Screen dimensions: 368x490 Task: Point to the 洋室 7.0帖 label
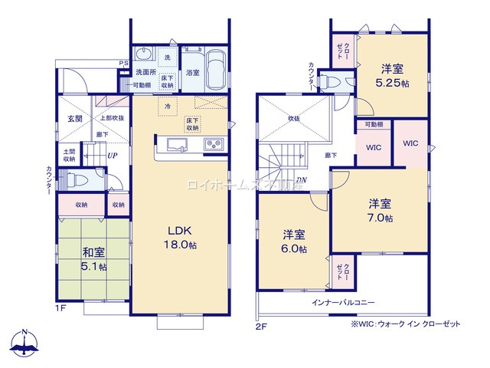[x=379, y=210]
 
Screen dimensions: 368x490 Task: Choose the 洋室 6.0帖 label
[x=292, y=242]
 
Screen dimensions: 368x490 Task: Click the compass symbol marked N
[x=25, y=344]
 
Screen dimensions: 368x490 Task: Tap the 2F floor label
[x=261, y=324]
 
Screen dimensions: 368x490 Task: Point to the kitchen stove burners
[x=212, y=143]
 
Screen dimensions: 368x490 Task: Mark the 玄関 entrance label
[x=74, y=119]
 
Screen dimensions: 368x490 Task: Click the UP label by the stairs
[x=112, y=156]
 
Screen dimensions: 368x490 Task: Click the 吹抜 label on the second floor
[x=294, y=119]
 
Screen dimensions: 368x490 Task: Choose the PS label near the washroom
[x=122, y=63]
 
